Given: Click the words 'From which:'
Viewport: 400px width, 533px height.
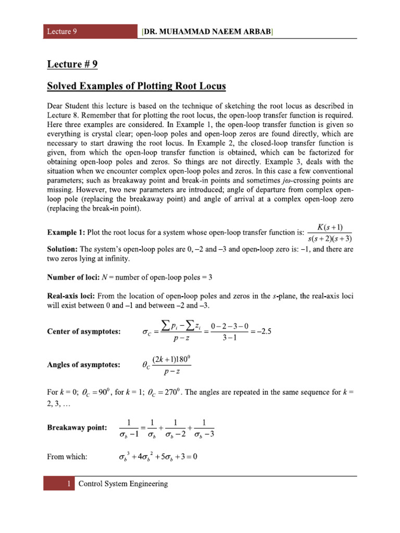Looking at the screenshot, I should coord(67,456).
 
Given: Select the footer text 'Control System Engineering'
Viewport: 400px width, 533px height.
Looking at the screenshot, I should coord(123,484).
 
